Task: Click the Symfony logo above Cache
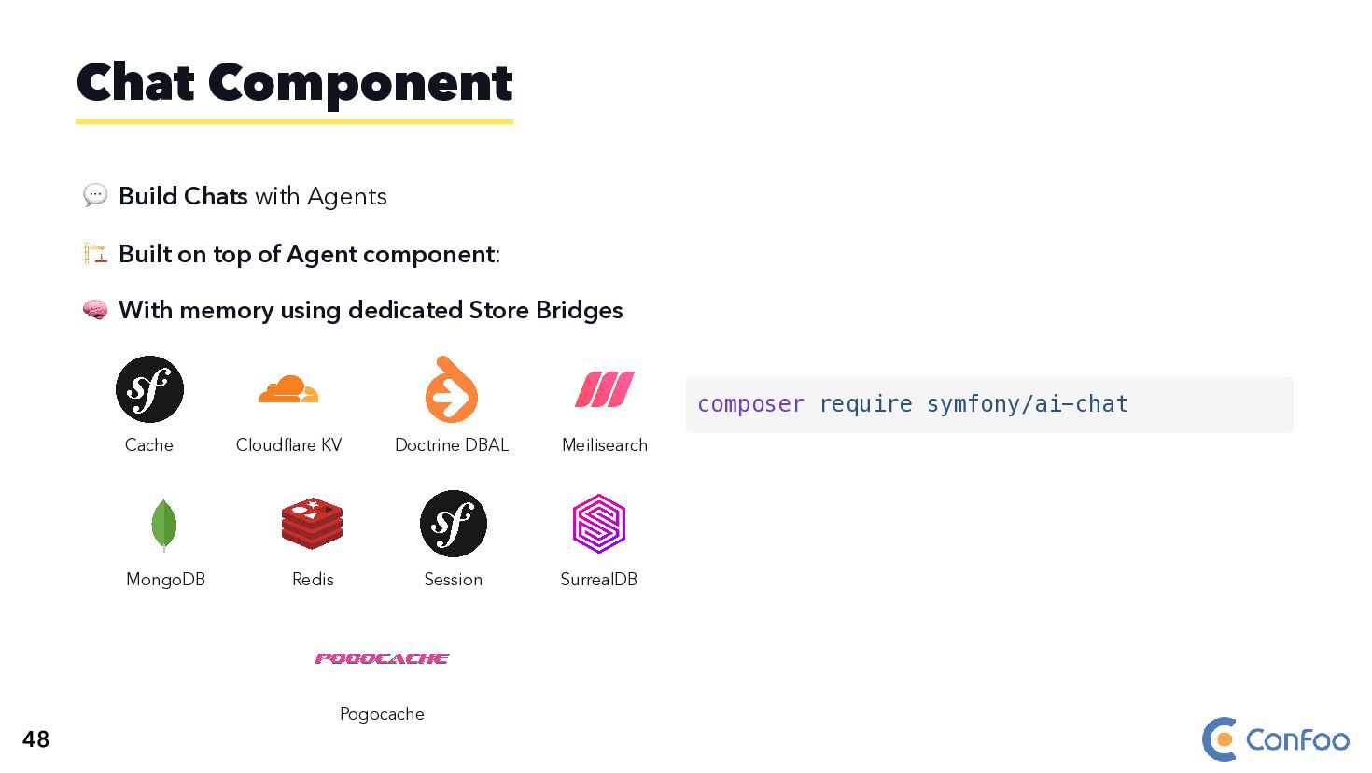click(x=149, y=389)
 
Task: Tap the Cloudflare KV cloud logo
click(x=287, y=388)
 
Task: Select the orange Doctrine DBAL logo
click(x=452, y=390)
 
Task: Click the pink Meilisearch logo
click(x=605, y=389)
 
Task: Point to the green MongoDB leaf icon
click(x=164, y=524)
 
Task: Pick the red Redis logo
click(x=313, y=523)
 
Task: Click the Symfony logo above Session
click(x=454, y=524)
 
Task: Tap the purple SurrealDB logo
click(x=599, y=524)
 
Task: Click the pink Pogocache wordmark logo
click(x=382, y=658)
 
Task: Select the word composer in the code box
click(x=750, y=404)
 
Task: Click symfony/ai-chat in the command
click(x=1027, y=404)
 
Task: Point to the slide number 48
click(x=35, y=739)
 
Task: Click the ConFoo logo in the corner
click(x=1275, y=739)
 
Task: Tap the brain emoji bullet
click(x=95, y=310)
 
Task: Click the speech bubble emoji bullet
click(x=95, y=195)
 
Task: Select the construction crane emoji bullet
click(x=95, y=253)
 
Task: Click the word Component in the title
click(x=360, y=83)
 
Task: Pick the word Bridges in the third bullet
click(x=579, y=310)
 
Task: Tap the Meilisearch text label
click(x=605, y=445)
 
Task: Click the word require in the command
click(x=865, y=404)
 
